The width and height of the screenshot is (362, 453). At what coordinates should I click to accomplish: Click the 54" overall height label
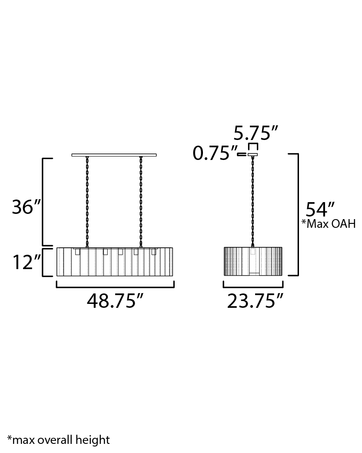(320, 210)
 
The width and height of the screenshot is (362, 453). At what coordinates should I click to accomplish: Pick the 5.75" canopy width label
(256, 133)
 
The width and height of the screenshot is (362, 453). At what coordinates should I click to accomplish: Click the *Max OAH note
(329, 224)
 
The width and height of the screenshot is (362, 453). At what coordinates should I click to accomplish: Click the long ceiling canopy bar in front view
(114, 155)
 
